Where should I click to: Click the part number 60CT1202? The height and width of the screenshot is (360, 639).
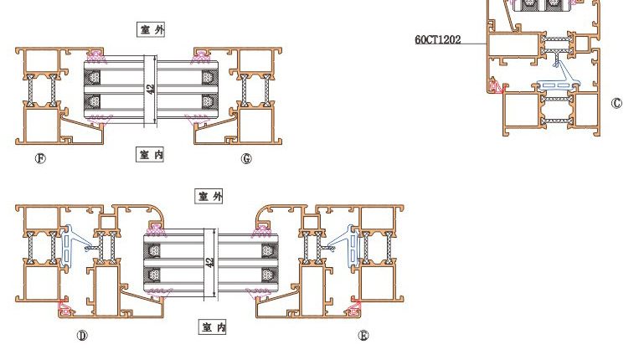(x=438, y=39)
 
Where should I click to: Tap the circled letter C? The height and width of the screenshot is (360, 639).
(x=616, y=103)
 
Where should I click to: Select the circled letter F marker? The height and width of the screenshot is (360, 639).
(x=40, y=158)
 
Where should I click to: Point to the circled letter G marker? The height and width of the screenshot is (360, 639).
(x=246, y=158)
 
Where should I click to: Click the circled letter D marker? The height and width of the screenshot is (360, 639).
(x=82, y=335)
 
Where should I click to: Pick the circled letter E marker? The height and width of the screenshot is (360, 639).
(x=363, y=335)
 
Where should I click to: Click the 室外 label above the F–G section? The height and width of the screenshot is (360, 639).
(x=151, y=29)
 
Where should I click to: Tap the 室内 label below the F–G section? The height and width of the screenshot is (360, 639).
(x=150, y=154)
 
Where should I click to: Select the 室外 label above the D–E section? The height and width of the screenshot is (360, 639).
(x=209, y=196)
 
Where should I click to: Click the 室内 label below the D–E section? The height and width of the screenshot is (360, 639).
(x=213, y=327)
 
